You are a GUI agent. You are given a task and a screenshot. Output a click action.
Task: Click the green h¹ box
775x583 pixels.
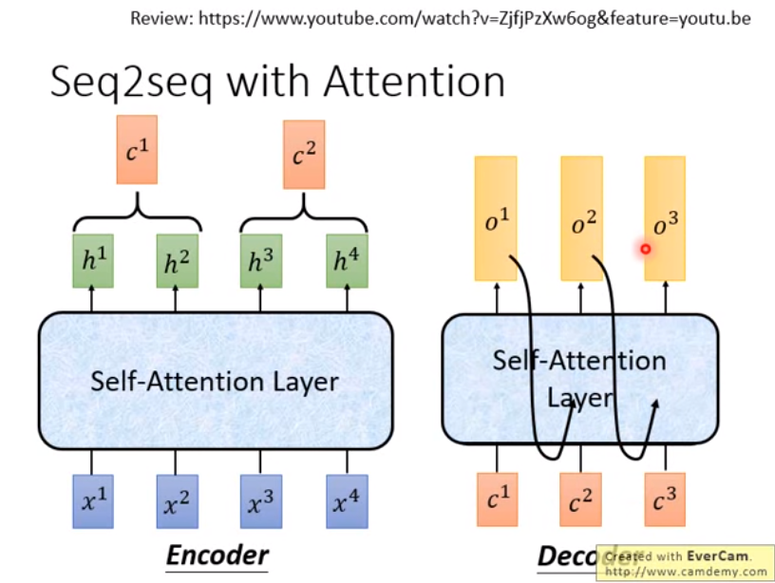pyautogui.click(x=93, y=261)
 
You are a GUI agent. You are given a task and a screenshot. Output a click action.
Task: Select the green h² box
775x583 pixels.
pyautogui.click(x=177, y=261)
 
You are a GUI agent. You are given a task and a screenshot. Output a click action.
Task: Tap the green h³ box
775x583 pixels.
pyautogui.click(x=260, y=261)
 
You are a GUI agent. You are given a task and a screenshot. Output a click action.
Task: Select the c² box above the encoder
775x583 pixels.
pyautogui.click(x=304, y=154)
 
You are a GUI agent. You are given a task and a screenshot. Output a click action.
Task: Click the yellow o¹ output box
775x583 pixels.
pyautogui.click(x=496, y=218)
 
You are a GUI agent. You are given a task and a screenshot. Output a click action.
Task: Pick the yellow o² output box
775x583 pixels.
pyautogui.click(x=581, y=218)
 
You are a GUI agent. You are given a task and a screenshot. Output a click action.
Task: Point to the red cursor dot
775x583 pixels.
pyautogui.click(x=645, y=249)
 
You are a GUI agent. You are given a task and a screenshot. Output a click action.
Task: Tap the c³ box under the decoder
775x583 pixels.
pyautogui.click(x=666, y=500)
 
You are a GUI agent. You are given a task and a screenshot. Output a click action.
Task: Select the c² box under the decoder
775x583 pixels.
pyautogui.click(x=581, y=500)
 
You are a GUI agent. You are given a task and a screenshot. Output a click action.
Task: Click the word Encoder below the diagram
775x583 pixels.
pyautogui.click(x=217, y=556)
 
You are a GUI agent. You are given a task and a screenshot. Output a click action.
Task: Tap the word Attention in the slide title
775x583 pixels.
pyautogui.click(x=414, y=83)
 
